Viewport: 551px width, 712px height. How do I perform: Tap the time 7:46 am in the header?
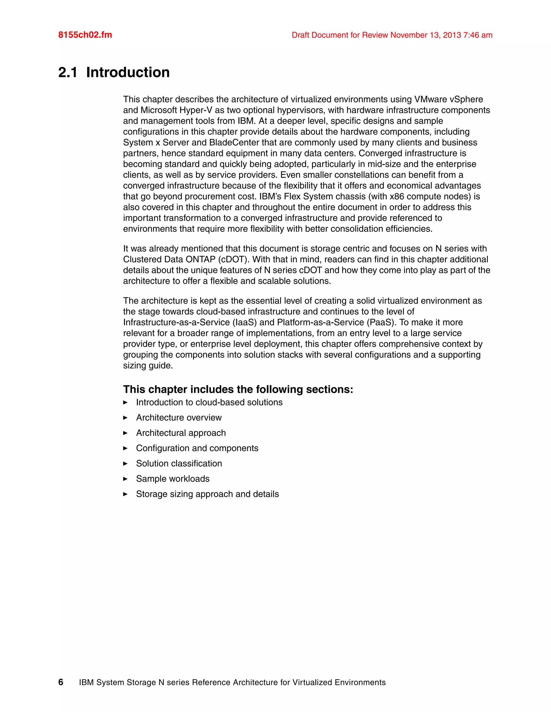click(478, 35)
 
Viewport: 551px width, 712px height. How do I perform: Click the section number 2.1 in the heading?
click(68, 72)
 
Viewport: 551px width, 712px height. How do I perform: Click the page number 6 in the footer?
click(61, 682)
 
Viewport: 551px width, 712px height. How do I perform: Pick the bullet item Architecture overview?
click(179, 418)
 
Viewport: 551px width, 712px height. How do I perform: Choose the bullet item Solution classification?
click(179, 463)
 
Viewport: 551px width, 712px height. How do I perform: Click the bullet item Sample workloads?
click(173, 479)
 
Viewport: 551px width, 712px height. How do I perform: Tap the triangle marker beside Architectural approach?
click(125, 433)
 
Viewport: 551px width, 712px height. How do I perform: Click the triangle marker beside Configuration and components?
click(125, 448)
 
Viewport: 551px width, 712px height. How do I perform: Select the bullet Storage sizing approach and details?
click(207, 494)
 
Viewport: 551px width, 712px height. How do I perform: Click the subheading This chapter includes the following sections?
click(238, 389)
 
